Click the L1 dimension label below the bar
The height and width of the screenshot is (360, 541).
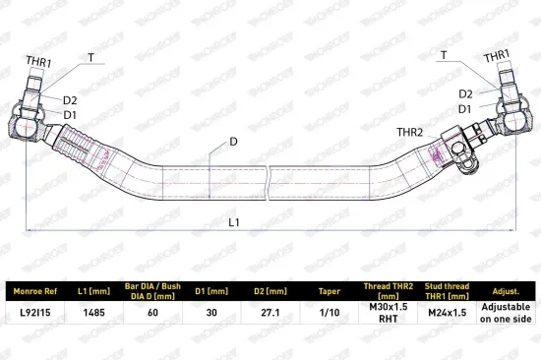tap(234, 222)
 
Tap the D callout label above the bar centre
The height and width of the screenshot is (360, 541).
tap(233, 142)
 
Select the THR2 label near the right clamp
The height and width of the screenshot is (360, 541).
tap(409, 132)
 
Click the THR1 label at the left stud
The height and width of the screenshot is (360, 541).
tap(38, 62)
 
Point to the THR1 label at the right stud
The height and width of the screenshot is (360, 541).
tap(496, 56)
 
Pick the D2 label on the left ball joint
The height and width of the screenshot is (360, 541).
tap(70, 100)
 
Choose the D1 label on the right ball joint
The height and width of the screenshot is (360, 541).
tap(464, 109)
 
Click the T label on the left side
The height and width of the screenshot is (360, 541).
tap(90, 58)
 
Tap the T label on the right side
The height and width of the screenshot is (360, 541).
tap(444, 55)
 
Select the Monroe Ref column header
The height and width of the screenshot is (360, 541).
tap(35, 291)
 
